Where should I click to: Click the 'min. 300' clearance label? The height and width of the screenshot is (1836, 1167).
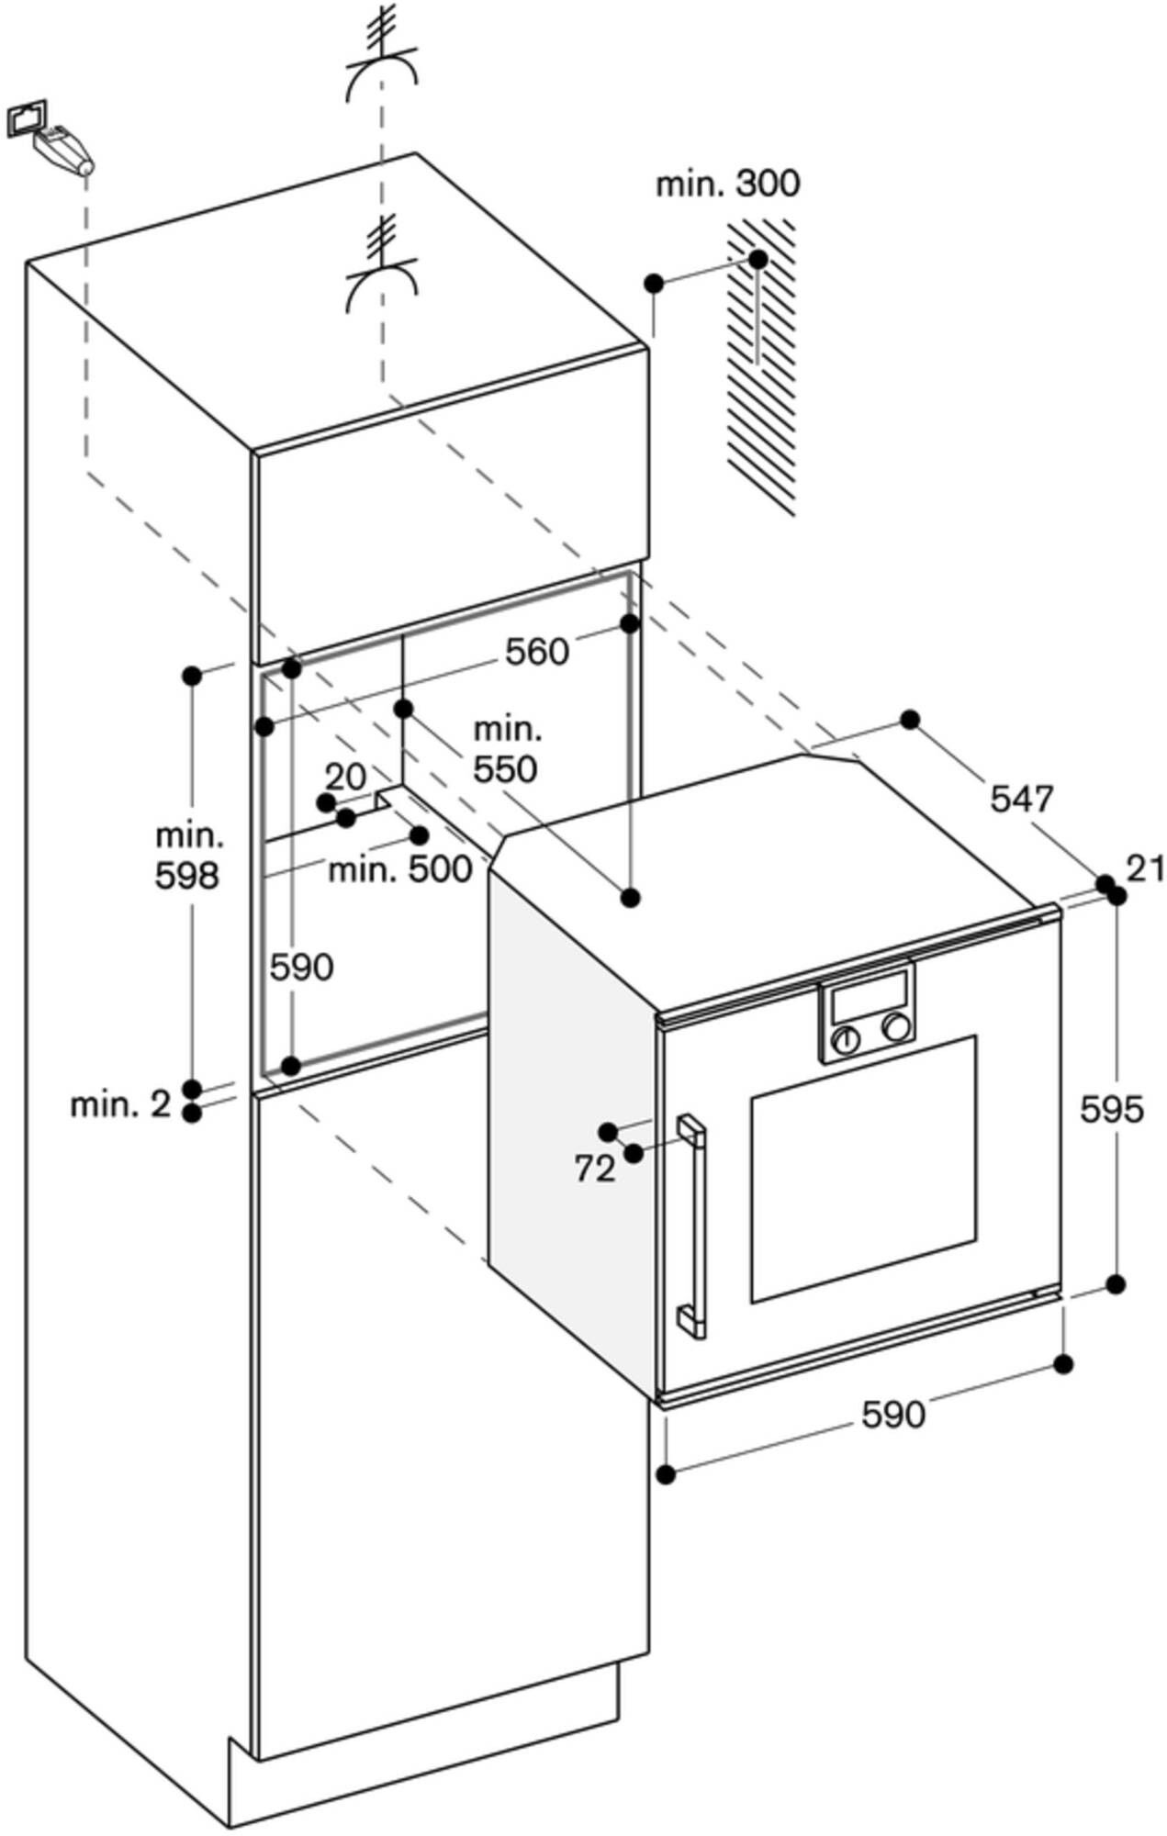point(727,184)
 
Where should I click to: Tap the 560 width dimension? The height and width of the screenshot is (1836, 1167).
point(537,652)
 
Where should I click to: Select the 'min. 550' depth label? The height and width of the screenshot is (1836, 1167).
point(506,750)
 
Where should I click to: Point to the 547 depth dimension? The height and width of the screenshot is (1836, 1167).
point(1022,798)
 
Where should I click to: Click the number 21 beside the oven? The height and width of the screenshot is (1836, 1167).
point(1145,868)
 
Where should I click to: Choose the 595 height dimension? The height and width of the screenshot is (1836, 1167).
point(1112,1110)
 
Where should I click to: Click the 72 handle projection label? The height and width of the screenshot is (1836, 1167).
point(595,1169)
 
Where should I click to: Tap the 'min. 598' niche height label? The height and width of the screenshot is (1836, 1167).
point(188,856)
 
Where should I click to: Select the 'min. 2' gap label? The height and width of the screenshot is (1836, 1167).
point(120,1104)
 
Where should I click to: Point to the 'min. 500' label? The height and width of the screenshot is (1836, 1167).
point(400,868)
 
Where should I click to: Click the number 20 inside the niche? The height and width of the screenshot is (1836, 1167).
point(346,778)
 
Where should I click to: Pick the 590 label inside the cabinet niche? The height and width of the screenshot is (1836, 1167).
point(301,967)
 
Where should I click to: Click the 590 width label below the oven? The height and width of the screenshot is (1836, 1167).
point(892,1415)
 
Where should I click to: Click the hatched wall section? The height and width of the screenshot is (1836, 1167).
point(762,367)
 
